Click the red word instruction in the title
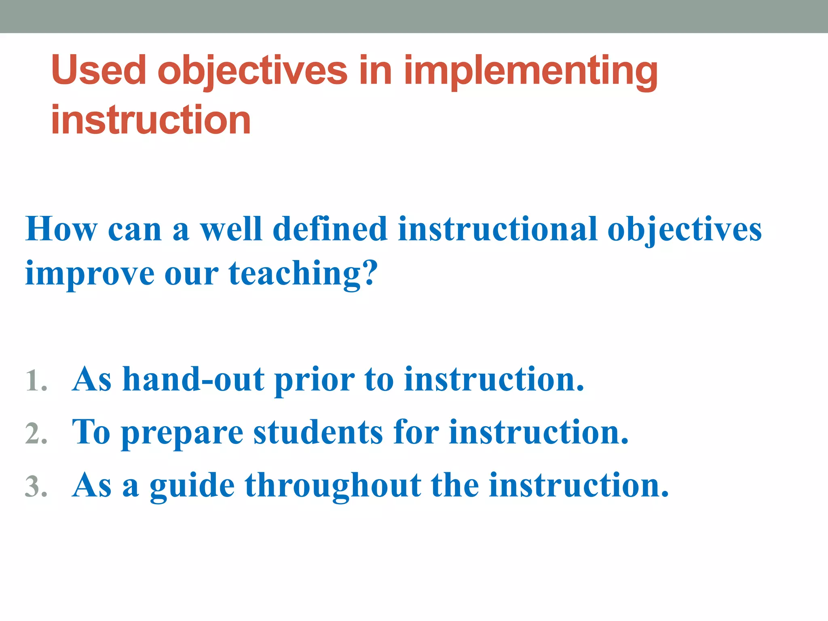151,120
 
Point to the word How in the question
61,229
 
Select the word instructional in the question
497,229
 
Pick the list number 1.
36,381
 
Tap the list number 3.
36,486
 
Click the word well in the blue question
231,229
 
